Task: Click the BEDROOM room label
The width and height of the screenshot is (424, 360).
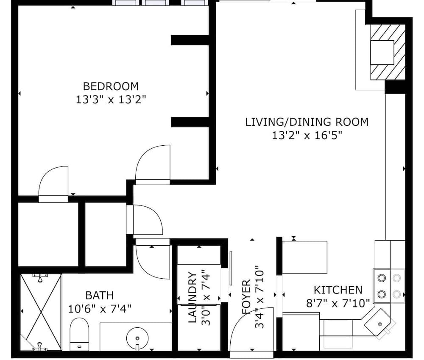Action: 111,86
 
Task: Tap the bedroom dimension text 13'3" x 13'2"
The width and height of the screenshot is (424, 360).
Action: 111,100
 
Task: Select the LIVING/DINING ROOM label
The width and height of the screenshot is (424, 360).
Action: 307,122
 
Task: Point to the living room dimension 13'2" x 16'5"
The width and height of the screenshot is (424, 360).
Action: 307,135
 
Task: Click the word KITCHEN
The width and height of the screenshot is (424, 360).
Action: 338,290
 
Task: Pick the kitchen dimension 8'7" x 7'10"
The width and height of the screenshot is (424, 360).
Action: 338,303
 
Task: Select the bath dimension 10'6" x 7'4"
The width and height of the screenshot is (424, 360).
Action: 100,308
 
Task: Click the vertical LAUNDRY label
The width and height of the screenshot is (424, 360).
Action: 192,297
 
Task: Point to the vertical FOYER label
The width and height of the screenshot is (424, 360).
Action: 246,297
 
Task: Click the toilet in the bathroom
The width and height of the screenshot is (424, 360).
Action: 79,334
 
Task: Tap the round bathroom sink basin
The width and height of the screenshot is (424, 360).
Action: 137,338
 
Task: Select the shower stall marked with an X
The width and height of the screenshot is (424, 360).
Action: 41,312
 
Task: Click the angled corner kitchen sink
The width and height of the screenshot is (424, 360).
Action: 378,322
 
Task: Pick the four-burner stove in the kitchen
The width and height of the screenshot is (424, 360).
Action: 389,286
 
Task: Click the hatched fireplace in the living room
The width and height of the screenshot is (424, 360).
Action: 388,52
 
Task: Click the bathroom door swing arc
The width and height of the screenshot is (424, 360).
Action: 153,259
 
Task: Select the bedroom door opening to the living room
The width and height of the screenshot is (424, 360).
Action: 153,164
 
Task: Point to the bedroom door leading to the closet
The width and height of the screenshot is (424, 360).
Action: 53,184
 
